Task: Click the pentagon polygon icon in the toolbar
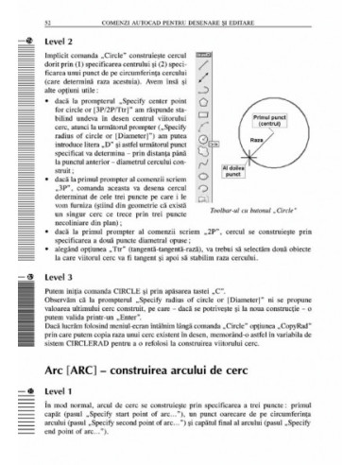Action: point(201,95)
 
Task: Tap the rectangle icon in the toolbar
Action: point(201,107)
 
